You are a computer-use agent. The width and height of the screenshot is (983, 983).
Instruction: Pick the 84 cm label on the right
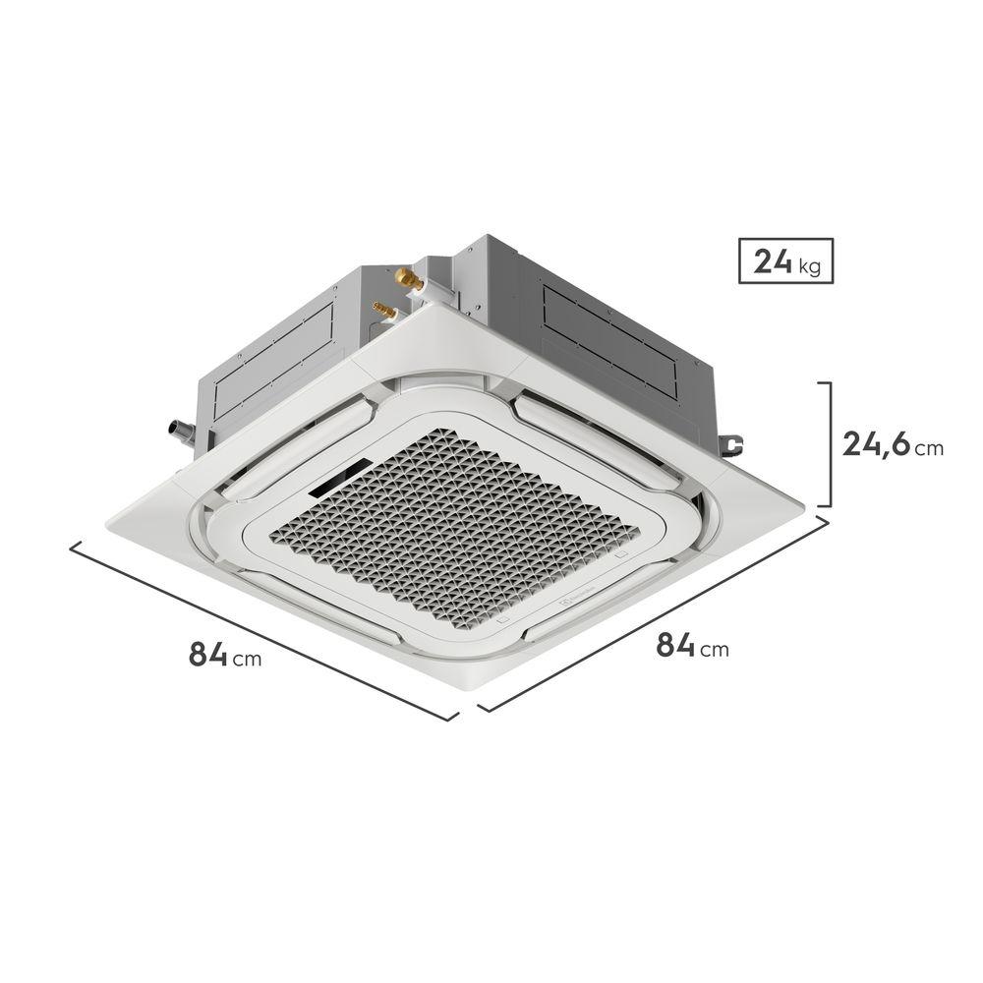(x=692, y=646)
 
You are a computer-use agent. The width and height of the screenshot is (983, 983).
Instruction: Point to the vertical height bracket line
(x=831, y=444)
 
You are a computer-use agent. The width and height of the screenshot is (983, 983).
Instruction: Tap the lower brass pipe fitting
(x=384, y=312)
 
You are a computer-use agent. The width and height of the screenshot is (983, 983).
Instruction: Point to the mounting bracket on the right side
(x=731, y=444)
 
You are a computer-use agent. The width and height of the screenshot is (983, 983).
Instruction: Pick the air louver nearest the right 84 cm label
(x=590, y=619)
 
